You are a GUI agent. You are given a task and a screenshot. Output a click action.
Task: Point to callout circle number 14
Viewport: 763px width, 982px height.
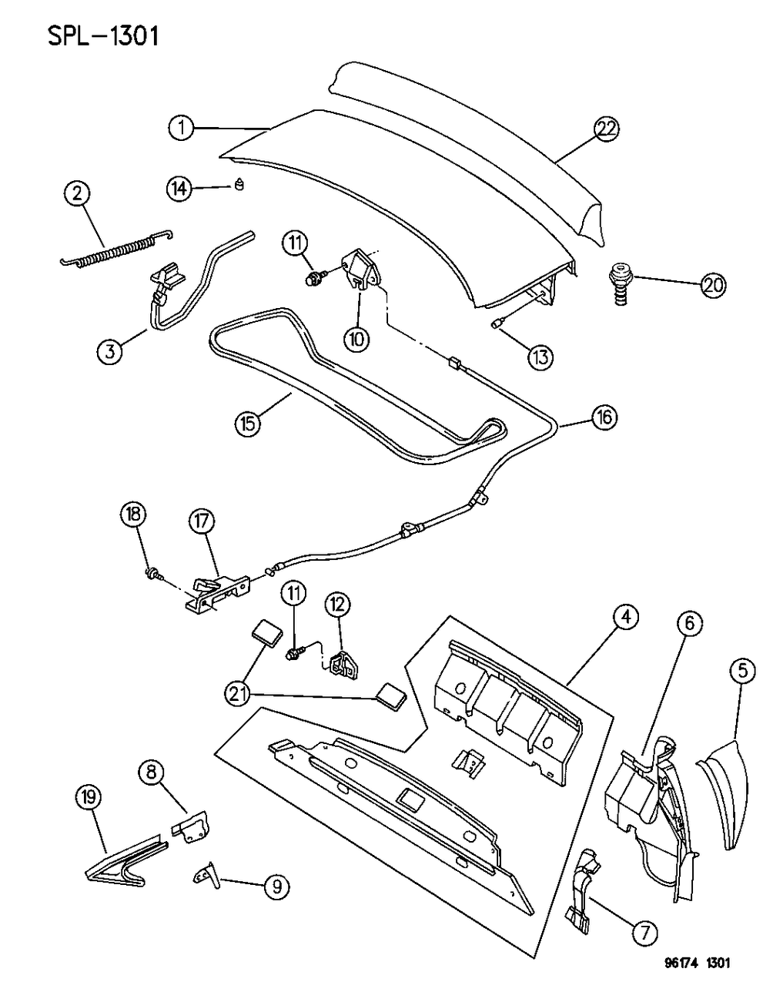180,188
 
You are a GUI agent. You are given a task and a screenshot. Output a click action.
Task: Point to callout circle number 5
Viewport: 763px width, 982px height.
741,671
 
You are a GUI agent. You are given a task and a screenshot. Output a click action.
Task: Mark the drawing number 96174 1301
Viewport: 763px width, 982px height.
697,964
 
